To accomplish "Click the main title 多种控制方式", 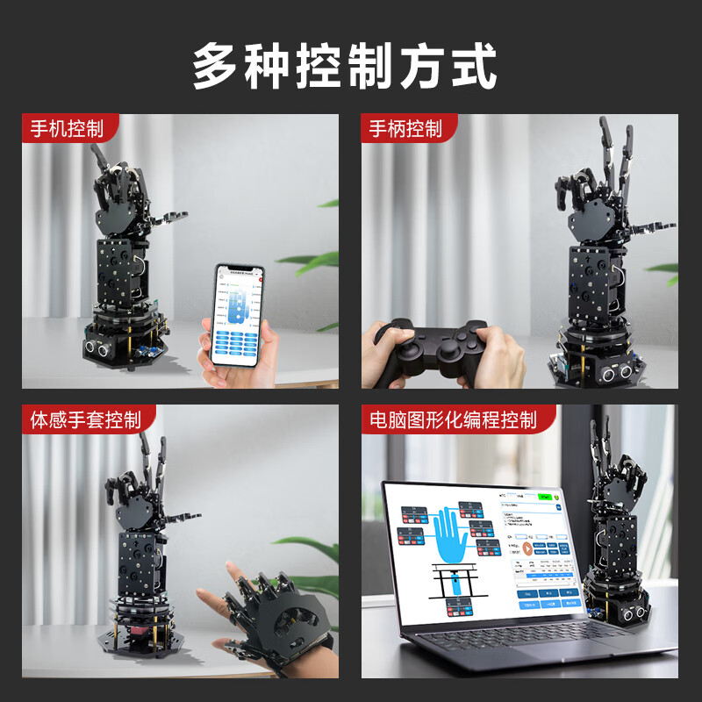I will pyautogui.click(x=345, y=66).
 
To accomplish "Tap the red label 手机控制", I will pyautogui.click(x=67, y=129).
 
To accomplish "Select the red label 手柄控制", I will pyautogui.click(x=405, y=129).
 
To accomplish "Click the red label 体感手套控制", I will pyautogui.click(x=85, y=419).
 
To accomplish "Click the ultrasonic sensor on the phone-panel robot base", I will pyautogui.click(x=97, y=348).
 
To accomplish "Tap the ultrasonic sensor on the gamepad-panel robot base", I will pyautogui.click(x=614, y=372).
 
